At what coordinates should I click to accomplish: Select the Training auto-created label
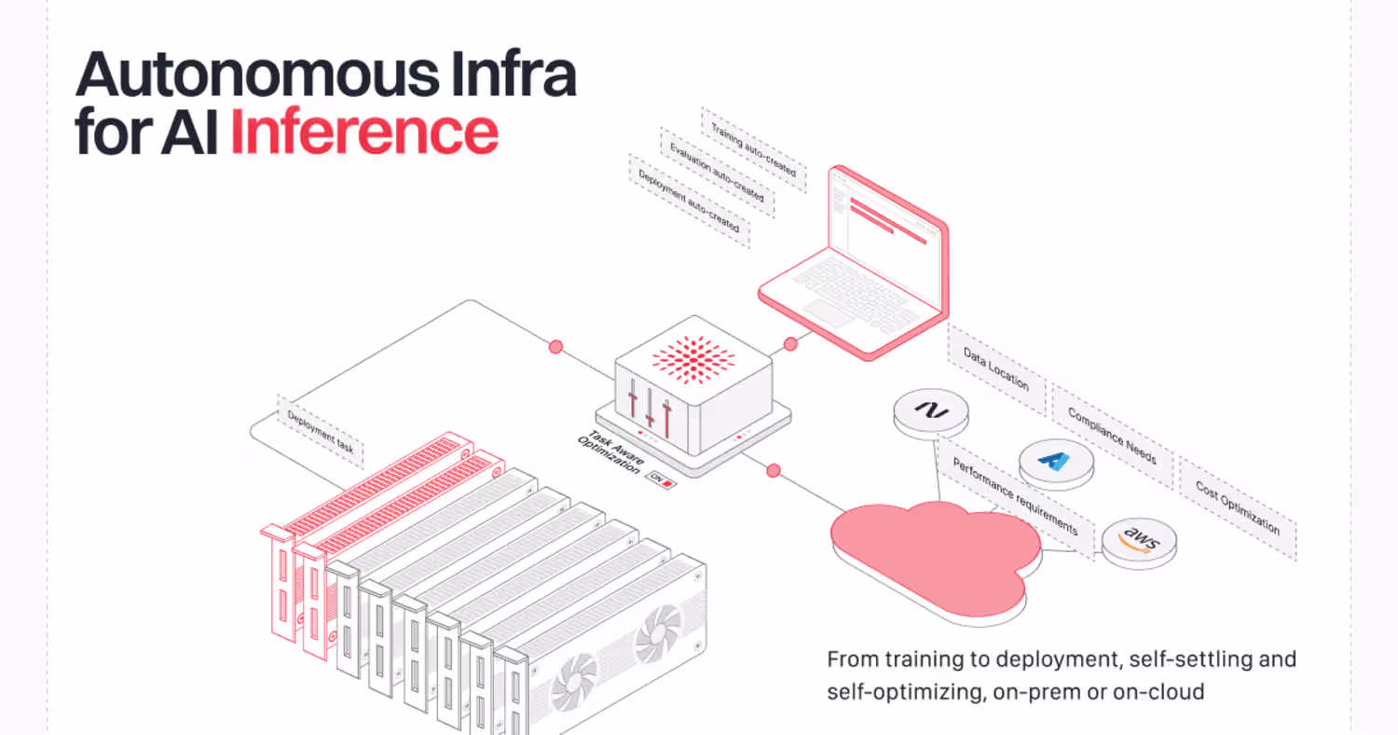click(753, 150)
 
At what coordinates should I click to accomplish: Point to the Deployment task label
click(321, 431)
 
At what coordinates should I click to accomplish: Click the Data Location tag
click(996, 368)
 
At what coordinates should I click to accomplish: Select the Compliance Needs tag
click(1112, 436)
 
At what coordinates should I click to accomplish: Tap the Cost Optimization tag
click(1237, 508)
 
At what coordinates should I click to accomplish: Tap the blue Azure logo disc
click(1055, 461)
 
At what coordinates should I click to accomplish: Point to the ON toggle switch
click(662, 480)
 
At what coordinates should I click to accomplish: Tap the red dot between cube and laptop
click(790, 344)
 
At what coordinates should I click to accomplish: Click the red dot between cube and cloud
click(773, 470)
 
